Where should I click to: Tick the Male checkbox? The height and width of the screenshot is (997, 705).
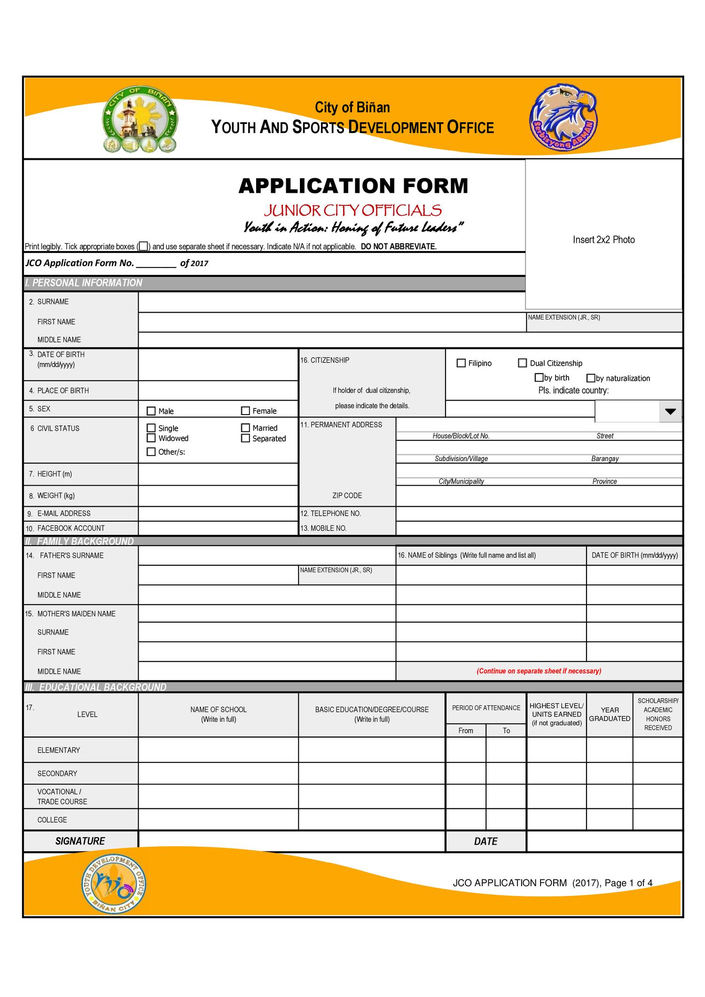tap(151, 411)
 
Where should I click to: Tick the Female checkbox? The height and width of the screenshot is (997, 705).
tap(245, 411)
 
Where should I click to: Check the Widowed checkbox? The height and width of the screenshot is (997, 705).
tap(151, 438)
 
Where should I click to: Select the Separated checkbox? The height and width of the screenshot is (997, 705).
tap(245, 438)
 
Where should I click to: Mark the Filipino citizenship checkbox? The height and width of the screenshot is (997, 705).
tap(461, 363)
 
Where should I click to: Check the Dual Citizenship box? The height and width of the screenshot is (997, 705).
tap(522, 363)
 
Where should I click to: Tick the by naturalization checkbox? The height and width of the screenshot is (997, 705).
tap(591, 378)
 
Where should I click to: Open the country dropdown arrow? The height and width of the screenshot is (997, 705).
tap(670, 411)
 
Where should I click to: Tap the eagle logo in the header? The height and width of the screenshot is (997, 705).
tap(563, 118)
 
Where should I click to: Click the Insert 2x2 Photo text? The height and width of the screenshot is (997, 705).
tap(603, 240)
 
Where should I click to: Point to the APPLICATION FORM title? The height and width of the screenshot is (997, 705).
tap(353, 186)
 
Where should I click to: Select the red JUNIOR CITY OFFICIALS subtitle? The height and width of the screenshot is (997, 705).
tap(352, 210)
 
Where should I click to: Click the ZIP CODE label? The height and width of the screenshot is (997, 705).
tap(347, 495)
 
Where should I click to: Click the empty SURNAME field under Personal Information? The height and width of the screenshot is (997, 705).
tap(331, 302)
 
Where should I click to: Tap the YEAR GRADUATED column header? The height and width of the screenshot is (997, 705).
tap(610, 714)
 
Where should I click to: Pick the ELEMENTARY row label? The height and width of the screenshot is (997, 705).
tap(59, 750)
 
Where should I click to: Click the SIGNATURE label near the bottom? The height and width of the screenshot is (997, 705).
tap(80, 841)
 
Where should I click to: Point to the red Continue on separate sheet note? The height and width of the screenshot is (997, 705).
tap(539, 671)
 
